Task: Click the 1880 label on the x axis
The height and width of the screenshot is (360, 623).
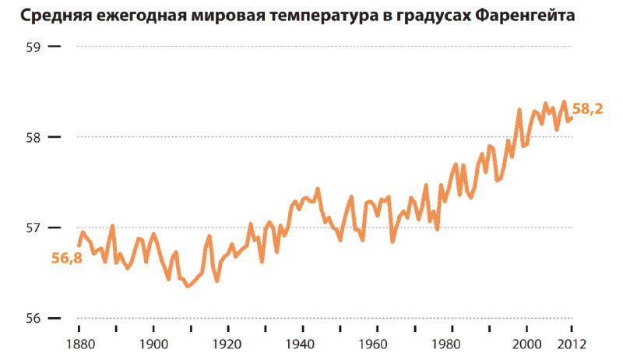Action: click(x=79, y=343)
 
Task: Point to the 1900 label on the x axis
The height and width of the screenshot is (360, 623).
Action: click(x=153, y=343)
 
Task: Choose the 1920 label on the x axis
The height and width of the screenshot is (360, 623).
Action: click(x=228, y=343)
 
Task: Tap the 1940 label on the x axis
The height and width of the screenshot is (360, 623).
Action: click(x=303, y=343)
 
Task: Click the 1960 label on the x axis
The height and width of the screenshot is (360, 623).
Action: click(x=378, y=343)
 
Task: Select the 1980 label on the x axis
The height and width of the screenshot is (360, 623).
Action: click(x=452, y=343)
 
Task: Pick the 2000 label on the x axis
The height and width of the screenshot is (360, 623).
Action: click(x=527, y=343)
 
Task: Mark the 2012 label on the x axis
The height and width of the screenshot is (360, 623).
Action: click(x=572, y=343)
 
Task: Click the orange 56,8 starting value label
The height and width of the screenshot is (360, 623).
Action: click(x=67, y=259)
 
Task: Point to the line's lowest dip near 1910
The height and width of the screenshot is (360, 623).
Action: click(x=187, y=286)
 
